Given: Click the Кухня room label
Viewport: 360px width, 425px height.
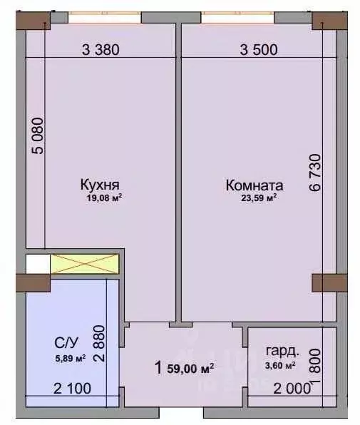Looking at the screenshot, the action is (x=100, y=185).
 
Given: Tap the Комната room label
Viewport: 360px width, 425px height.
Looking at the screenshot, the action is (x=254, y=185).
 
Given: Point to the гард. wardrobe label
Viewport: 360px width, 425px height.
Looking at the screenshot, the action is (x=282, y=352).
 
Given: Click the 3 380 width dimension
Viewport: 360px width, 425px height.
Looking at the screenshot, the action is (x=101, y=50).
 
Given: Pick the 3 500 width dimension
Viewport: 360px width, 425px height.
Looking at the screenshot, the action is (x=259, y=50).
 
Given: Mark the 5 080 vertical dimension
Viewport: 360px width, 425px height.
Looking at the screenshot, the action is (x=38, y=135).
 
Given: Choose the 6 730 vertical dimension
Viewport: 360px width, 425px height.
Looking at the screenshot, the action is (x=315, y=173).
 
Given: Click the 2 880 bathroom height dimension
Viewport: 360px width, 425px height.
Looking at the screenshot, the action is (x=99, y=344).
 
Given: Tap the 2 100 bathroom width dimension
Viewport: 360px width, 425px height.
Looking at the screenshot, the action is (x=72, y=389).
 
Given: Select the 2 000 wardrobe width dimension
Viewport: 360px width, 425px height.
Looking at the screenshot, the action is (x=292, y=389).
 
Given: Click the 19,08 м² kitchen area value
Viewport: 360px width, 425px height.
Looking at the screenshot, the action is (x=104, y=198).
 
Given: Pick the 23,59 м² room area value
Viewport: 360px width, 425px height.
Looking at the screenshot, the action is (x=259, y=198).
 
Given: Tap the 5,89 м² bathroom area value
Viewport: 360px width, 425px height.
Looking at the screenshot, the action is (x=71, y=358).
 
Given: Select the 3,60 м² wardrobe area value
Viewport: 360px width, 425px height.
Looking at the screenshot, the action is (x=280, y=365).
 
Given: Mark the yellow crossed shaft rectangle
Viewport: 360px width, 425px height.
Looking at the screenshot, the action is (x=85, y=264).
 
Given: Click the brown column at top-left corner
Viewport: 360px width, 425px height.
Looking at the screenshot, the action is (x=33, y=21).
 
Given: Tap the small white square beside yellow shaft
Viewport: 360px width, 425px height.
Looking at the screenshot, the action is (x=38, y=264).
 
